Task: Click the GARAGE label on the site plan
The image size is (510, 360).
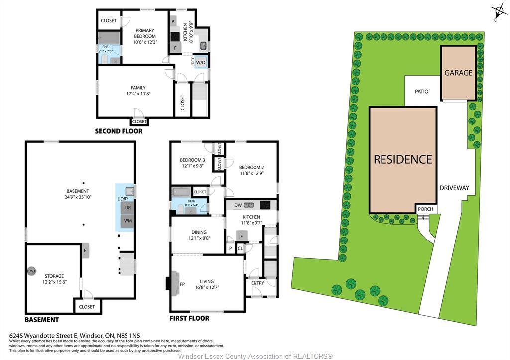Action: click(458, 73)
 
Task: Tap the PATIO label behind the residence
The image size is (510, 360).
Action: click(421, 92)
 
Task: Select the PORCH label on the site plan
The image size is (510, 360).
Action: click(425, 209)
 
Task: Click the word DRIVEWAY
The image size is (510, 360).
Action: click(454, 188)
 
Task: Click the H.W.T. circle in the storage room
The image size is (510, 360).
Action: click(31, 271)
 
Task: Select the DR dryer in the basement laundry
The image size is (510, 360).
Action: click(128, 208)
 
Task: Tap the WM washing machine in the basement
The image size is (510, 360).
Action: click(128, 221)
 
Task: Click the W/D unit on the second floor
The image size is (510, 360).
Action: click(201, 62)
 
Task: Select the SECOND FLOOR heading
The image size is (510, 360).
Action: click(119, 131)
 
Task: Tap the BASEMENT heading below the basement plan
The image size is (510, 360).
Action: click(42, 320)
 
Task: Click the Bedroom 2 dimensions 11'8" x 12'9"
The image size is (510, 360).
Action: click(252, 173)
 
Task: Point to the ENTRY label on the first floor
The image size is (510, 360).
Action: click(258, 283)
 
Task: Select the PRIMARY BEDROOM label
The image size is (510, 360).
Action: click(145, 33)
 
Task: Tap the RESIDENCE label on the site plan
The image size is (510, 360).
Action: click(403, 159)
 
